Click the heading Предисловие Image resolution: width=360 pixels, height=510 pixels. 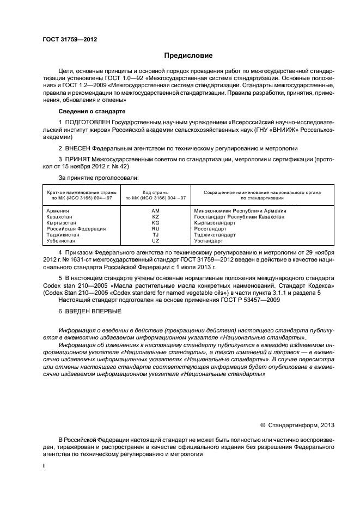tap(188, 56)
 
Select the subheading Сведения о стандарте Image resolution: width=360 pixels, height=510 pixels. tap(91, 111)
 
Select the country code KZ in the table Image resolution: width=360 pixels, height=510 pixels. tap(156, 216)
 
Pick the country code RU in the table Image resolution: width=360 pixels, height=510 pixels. tap(156, 229)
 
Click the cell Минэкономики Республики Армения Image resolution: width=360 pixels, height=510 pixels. tap(240, 210)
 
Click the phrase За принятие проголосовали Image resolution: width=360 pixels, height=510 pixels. tap(99, 178)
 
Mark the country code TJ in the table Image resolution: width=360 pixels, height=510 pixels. tap(156, 235)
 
